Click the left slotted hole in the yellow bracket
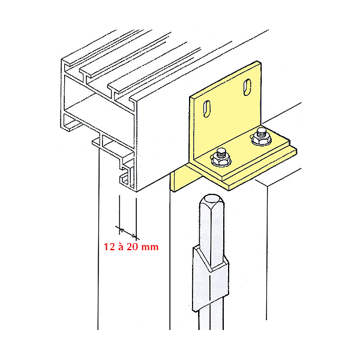[207, 109]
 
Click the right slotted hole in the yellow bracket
[247, 87]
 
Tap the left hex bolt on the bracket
[221, 157]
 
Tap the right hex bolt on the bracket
[261, 137]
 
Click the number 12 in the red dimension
[109, 247]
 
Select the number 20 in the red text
[133, 247]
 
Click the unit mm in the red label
[150, 248]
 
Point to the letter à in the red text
[121, 247]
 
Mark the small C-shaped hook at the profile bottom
[124, 179]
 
